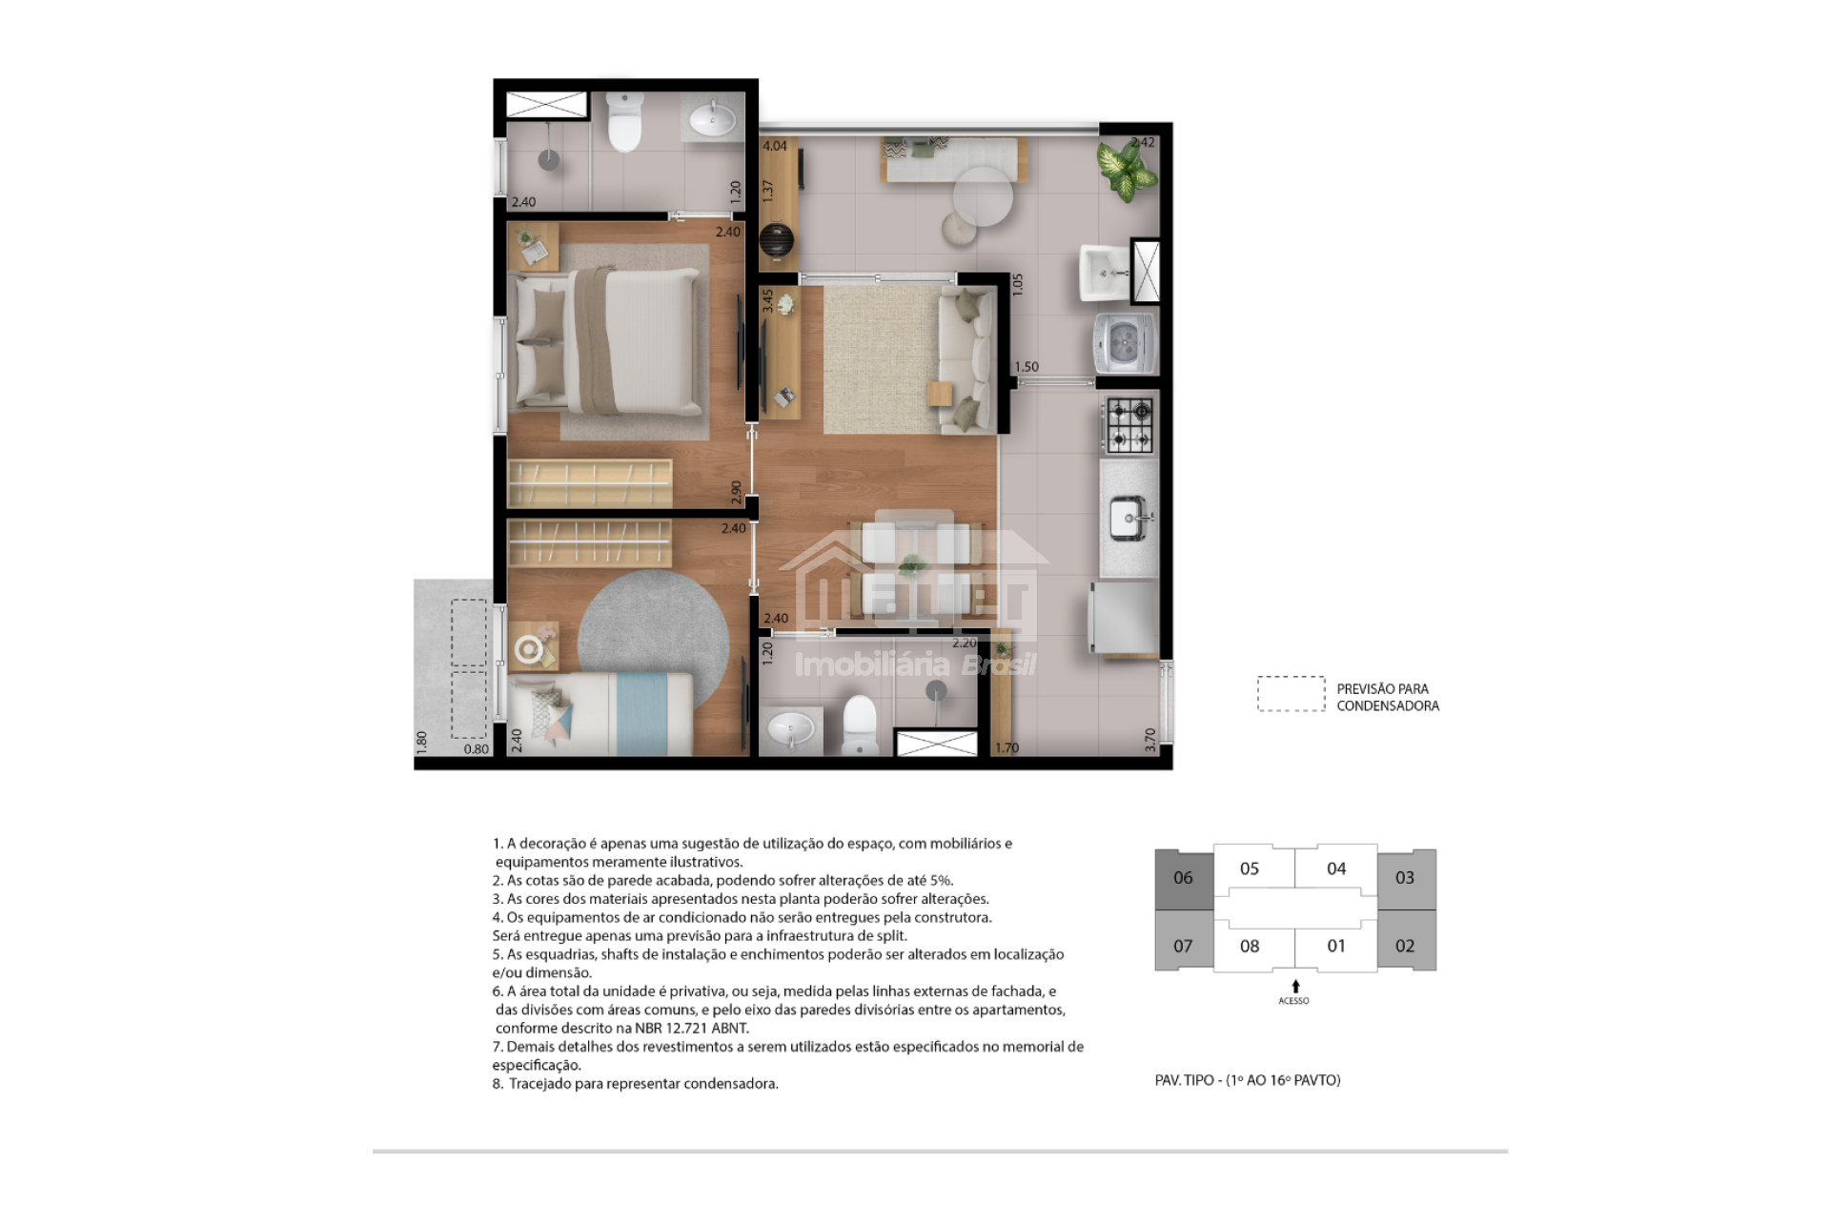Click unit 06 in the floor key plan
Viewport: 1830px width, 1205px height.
coord(1184,878)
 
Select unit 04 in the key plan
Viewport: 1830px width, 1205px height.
coord(1336,868)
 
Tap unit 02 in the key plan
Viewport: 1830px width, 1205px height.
coord(1406,945)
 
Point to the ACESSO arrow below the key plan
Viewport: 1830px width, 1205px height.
coord(1295,986)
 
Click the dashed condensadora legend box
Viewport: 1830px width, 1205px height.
coord(1291,694)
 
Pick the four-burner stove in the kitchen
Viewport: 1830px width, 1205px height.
coord(1129,425)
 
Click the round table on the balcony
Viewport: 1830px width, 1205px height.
coord(983,196)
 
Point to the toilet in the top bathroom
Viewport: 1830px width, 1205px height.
coord(624,122)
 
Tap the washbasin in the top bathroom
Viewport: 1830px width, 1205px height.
coord(712,119)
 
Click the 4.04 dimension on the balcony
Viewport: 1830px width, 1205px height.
coord(775,146)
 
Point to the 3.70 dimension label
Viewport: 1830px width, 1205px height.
coord(1150,740)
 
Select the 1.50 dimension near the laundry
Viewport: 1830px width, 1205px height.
coord(1027,367)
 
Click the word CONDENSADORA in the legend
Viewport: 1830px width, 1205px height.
coord(1388,705)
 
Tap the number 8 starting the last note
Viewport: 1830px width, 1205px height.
coord(497,1084)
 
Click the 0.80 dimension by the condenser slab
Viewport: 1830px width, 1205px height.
coord(477,749)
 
